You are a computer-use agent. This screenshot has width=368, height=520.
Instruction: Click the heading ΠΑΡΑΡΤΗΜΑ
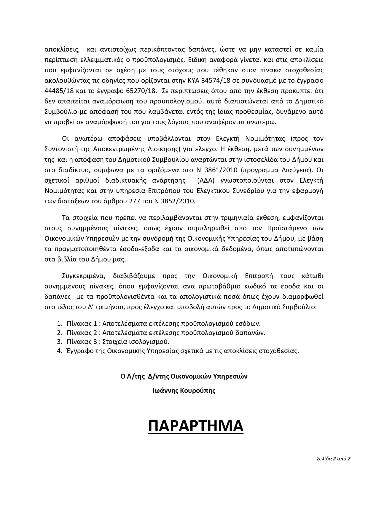[x=196, y=426]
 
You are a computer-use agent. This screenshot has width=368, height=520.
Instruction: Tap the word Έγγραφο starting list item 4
[x=78, y=351]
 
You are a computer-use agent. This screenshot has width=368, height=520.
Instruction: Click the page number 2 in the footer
[x=334, y=459]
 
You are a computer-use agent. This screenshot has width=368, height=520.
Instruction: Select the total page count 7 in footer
[x=349, y=459]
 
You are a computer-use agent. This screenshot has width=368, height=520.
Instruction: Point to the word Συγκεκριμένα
[x=84, y=276]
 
